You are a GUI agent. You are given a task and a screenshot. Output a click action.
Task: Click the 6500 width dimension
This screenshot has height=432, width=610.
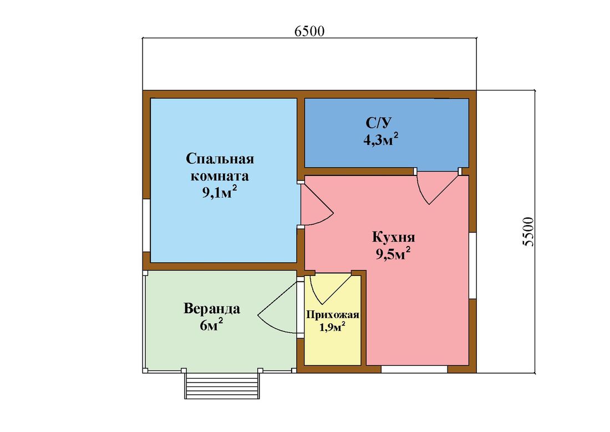tap(309, 31)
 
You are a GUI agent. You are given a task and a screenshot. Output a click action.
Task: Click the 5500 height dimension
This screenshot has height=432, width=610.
tap(528, 232)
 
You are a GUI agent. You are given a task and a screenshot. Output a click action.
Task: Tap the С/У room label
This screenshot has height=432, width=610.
tap(378, 123)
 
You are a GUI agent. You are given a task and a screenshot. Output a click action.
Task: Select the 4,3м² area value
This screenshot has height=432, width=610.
tap(381, 139)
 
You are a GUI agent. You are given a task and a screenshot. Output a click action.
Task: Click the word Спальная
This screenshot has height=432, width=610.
tap(220, 159)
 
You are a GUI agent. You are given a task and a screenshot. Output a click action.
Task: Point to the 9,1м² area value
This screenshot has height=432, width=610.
tap(220, 192)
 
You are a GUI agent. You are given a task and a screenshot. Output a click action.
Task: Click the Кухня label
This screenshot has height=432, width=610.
tap(394, 237)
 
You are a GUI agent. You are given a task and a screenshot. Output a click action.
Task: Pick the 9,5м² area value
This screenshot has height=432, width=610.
tap(393, 254)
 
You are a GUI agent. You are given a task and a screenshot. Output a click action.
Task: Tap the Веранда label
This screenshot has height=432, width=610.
tap(212, 309)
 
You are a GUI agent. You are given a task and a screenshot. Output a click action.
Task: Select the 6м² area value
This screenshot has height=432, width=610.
tap(212, 325)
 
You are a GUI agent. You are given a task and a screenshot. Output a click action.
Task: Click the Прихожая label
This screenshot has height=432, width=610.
tap(333, 315)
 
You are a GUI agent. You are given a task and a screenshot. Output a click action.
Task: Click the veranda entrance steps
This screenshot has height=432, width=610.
tap(222, 385)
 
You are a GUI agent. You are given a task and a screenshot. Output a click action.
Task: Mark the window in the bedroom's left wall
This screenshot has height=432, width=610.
tap(146, 225)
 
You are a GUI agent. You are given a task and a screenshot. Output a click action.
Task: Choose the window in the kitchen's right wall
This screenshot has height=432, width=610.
tap(472, 265)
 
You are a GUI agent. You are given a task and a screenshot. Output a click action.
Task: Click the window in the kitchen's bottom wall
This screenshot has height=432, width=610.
tap(414, 369)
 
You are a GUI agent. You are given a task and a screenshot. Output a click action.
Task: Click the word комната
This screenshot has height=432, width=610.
tap(220, 175)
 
